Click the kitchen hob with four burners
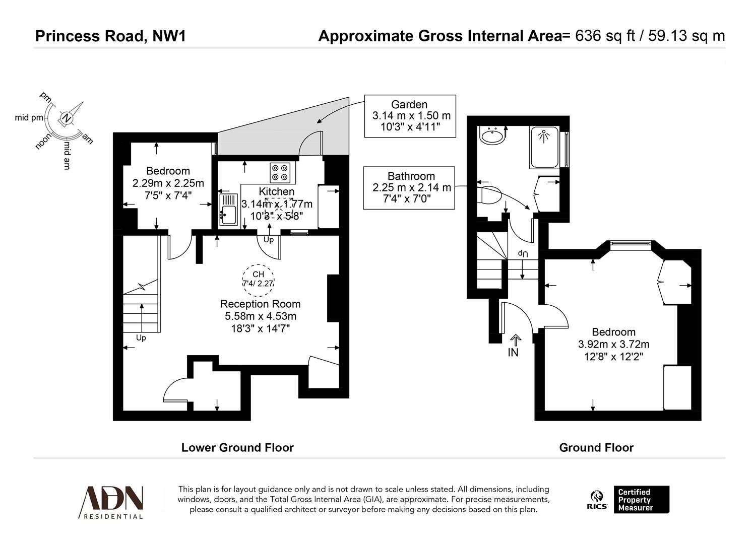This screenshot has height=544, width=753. click(x=280, y=173)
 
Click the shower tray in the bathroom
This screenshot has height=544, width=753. click(x=544, y=147)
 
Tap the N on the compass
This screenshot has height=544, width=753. click(x=66, y=118)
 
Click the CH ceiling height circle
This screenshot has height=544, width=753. click(x=258, y=279)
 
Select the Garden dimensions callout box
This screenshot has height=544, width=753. click(x=410, y=116)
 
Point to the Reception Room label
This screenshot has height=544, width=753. click(x=260, y=304)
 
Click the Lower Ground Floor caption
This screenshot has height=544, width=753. click(x=237, y=447)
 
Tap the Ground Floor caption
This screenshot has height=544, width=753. click(x=596, y=447)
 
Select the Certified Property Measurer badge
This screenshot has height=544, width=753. click(x=641, y=500)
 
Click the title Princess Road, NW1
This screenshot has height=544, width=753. click(x=110, y=36)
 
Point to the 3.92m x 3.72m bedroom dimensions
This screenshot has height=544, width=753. click(x=613, y=345)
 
